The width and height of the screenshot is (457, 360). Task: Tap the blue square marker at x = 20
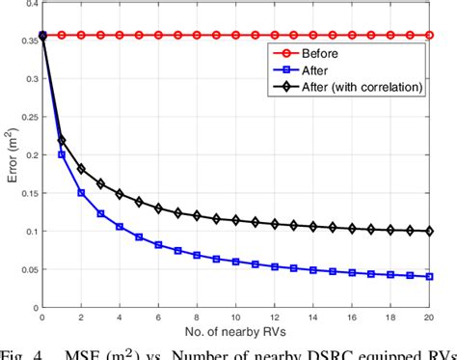click(x=429, y=277)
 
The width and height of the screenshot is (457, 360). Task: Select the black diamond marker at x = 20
click(x=429, y=232)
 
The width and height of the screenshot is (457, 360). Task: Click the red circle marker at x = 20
click(x=429, y=36)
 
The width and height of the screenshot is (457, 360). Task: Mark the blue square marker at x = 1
click(x=61, y=154)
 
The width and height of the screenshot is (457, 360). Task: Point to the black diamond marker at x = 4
click(x=120, y=194)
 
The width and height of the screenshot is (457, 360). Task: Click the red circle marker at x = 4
click(x=120, y=36)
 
